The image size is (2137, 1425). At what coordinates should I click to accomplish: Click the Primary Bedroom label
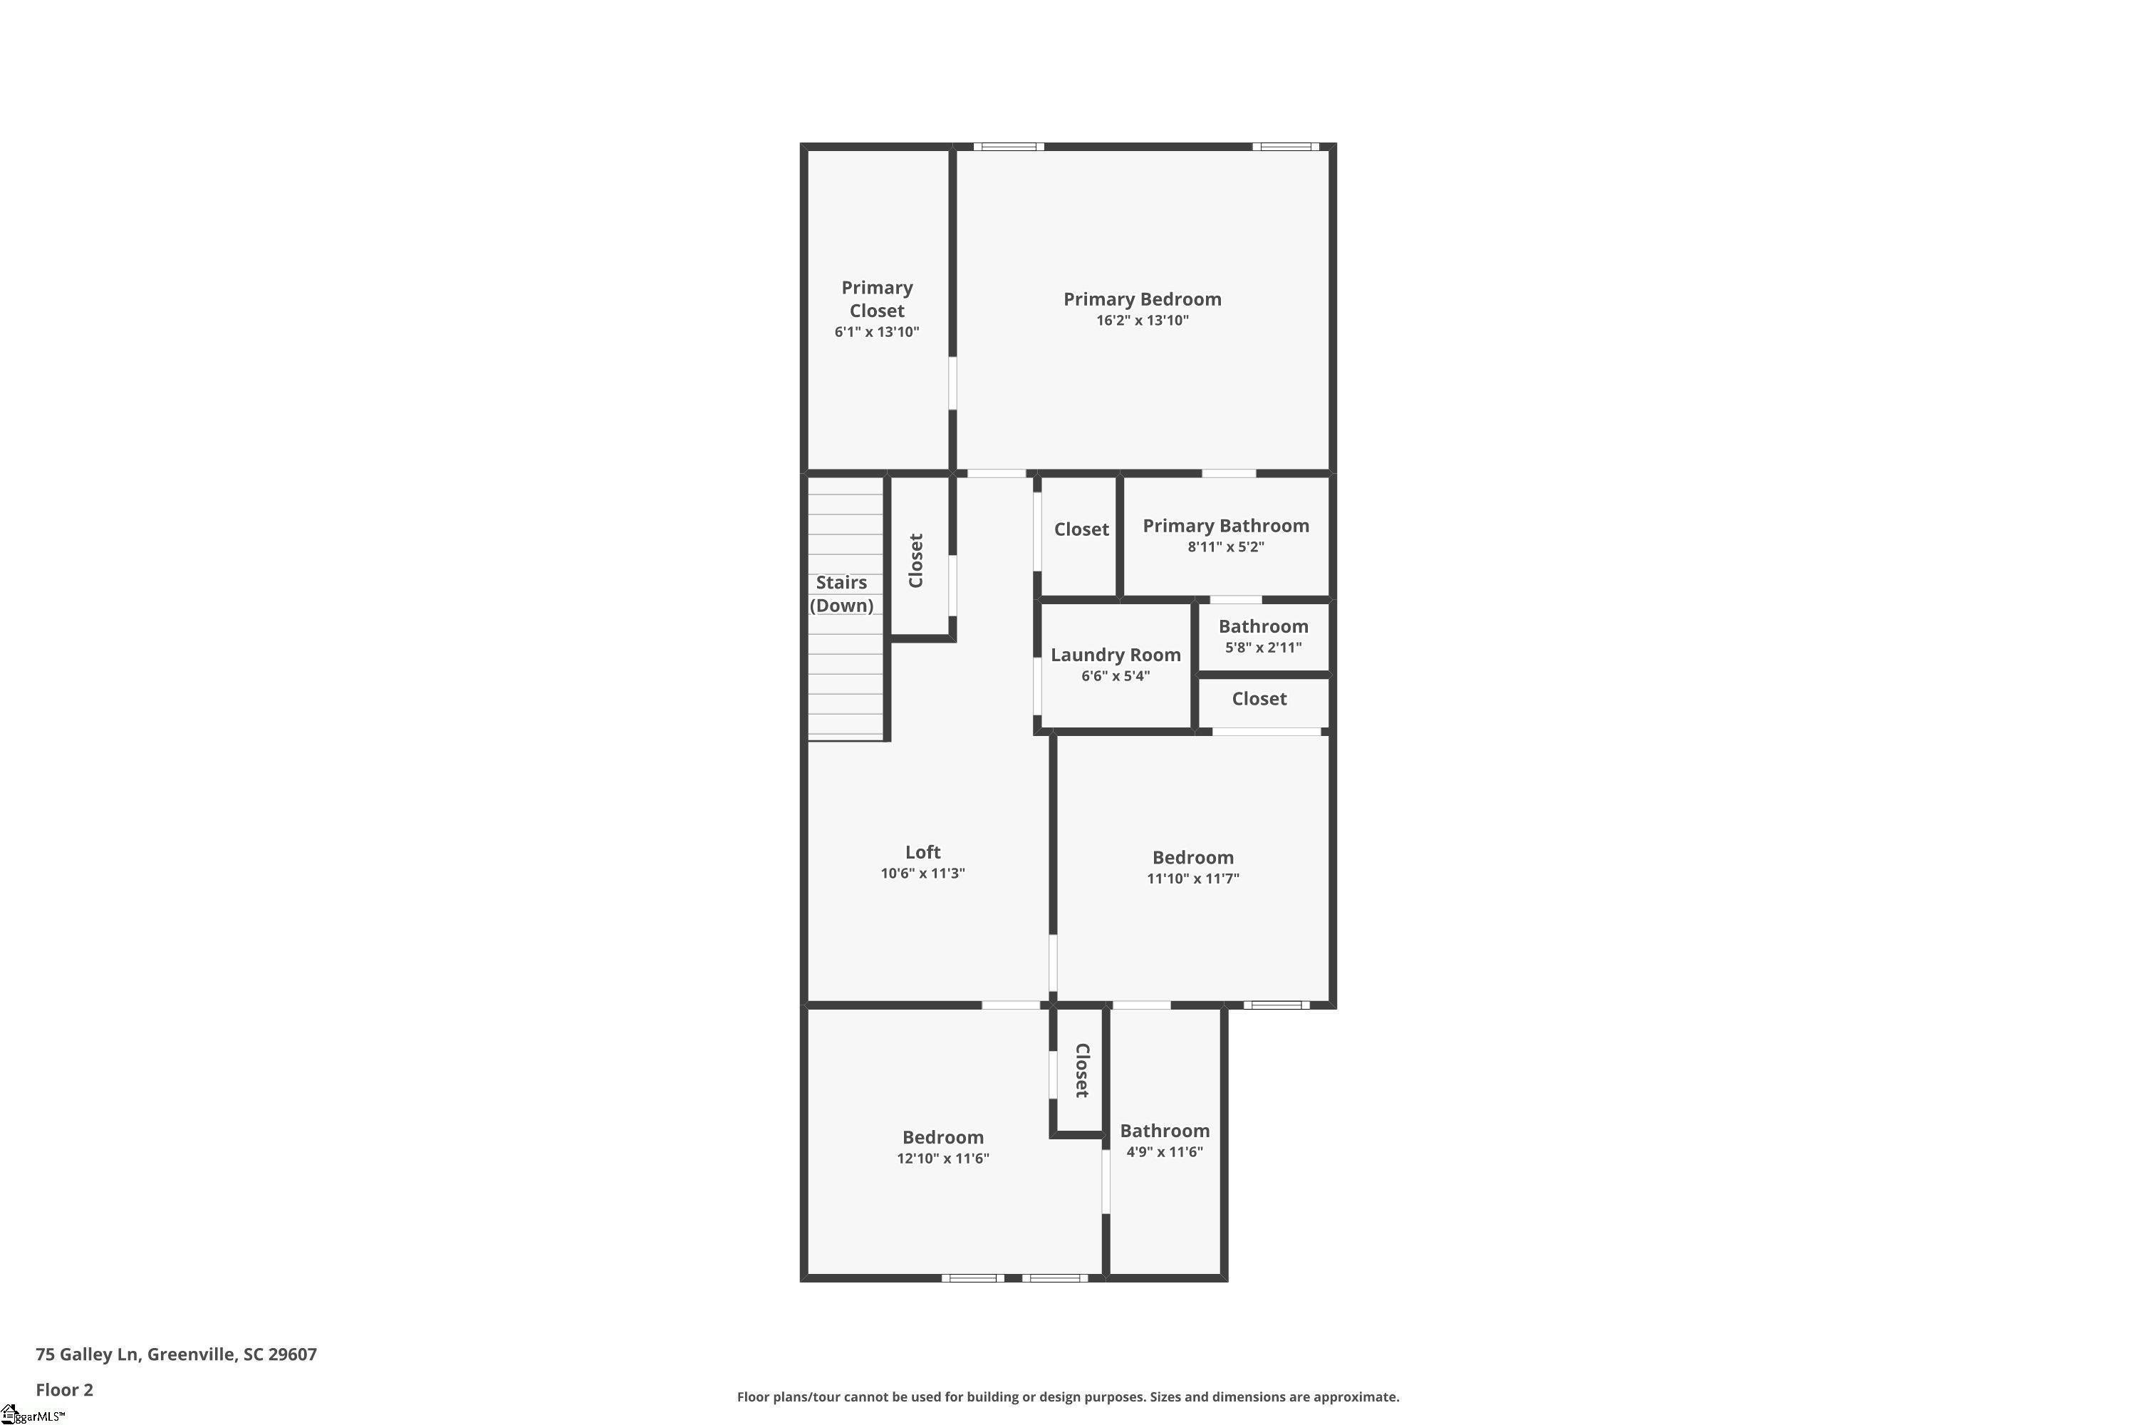coord(1142,299)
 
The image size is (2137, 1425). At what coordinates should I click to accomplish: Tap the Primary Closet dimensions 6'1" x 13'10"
coord(877,332)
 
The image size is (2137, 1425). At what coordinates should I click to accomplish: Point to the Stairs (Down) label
coord(841,594)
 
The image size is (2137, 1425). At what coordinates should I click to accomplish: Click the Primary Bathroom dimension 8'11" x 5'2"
coord(1226,546)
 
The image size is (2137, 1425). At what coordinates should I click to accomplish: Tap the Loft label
coord(922,851)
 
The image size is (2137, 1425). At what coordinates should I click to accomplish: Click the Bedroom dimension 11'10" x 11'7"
coord(1193,878)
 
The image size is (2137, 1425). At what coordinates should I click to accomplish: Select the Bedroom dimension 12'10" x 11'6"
coord(943,1158)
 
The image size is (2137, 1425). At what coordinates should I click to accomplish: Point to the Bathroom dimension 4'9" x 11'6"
coord(1165,1151)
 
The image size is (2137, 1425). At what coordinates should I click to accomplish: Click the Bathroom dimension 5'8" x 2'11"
coord(1263,647)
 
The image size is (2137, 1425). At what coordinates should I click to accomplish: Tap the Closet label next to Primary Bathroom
coord(1081,529)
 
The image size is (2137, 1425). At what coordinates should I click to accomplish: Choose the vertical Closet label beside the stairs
coord(916,561)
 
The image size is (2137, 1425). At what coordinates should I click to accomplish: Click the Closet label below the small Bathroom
coord(1259,698)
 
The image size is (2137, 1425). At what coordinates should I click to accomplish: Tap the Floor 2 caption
coord(65,1389)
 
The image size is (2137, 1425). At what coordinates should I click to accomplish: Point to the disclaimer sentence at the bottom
coord(1068,1396)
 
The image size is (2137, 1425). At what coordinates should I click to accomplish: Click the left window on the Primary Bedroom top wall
coord(1009,146)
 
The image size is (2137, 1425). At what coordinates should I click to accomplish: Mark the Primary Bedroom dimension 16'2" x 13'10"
coord(1142,320)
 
